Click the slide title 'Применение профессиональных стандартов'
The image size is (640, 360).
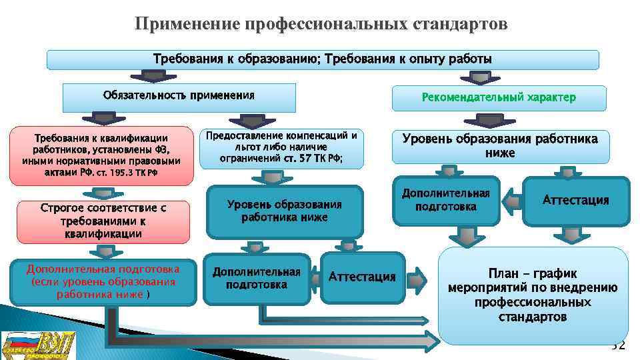(x=321, y=24)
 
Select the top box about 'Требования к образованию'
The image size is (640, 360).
(x=323, y=59)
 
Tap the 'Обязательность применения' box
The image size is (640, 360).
(x=179, y=97)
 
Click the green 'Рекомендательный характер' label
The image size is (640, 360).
(x=499, y=98)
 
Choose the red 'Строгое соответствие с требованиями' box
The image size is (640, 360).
(x=103, y=221)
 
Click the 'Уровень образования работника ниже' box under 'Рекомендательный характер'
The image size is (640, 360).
(x=500, y=147)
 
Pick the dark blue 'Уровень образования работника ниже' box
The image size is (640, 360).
(x=285, y=211)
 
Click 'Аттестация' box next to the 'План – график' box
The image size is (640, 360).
(x=362, y=277)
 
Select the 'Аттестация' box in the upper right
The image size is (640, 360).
(x=575, y=200)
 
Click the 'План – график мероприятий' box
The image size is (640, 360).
(x=533, y=295)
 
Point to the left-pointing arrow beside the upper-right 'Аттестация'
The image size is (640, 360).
(x=511, y=200)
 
